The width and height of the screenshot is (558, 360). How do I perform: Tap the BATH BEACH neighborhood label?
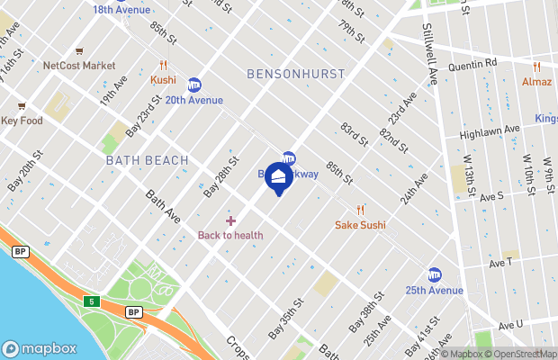point(147,160)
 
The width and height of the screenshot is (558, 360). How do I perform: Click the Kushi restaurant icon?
point(163,65)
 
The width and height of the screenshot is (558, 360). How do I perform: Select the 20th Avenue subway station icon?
point(193,84)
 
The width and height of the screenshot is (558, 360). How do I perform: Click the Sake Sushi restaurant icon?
point(360,210)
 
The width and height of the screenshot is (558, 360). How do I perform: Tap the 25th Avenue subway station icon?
point(435,274)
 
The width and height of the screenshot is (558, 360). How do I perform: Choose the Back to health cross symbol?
point(230,220)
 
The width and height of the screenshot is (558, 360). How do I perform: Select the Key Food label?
point(22,121)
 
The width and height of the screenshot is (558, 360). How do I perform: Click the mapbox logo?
point(40,348)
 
